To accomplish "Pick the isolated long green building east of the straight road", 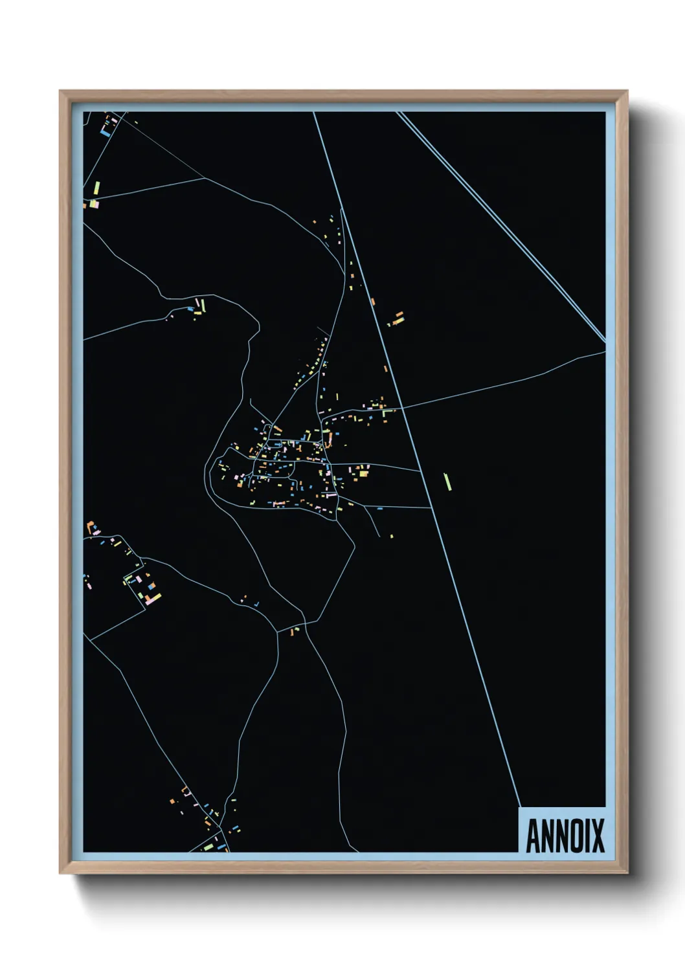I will tap(447, 482).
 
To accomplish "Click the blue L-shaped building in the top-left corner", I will tap(104, 132).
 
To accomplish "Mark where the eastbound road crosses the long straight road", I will tap(402, 408).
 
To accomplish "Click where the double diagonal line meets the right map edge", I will tap(605, 340).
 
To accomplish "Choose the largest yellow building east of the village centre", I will tap(364, 474).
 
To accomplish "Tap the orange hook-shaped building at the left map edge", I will tap(90, 524).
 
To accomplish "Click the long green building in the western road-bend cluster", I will tap(203, 304).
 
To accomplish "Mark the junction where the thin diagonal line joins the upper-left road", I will tap(205, 177).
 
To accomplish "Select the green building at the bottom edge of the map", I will tap(208, 846).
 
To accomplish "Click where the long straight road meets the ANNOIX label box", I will tap(519, 807).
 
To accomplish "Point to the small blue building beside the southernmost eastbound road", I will tap(380, 509).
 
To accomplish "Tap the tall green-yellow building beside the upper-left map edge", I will tap(96, 188).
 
